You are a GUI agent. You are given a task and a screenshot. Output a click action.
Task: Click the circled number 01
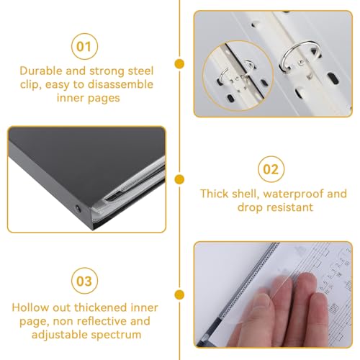tap(84, 46)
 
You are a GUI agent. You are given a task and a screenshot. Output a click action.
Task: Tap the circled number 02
tap(271, 169)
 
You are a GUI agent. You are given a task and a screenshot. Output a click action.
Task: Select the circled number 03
tap(84, 281)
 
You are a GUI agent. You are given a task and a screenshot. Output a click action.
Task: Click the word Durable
tap(41, 71)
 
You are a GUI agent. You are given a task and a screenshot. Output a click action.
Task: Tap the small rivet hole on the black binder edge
tap(78, 209)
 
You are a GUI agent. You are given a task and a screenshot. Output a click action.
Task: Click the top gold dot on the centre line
tap(179, 64)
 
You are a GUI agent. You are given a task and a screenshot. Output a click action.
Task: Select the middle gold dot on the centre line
tap(179, 179)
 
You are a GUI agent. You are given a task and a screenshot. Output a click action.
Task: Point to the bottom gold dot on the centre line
tap(179, 294)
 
